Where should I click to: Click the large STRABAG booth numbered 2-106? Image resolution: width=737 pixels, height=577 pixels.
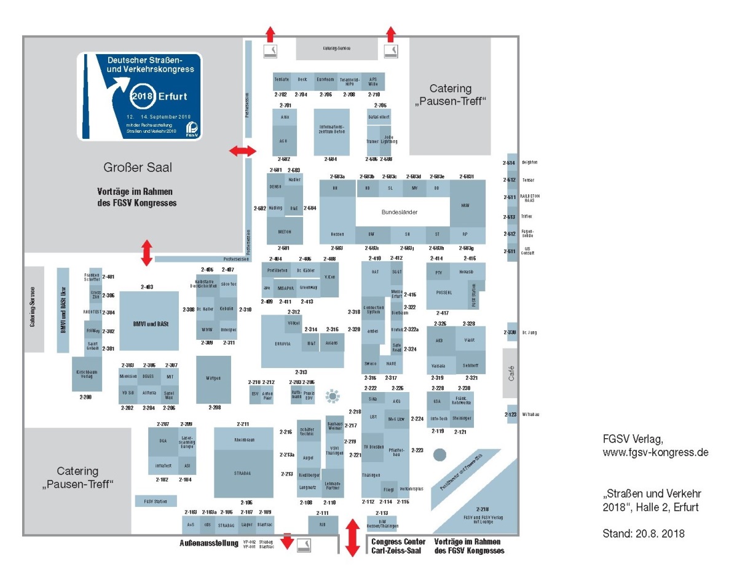tap(243, 473)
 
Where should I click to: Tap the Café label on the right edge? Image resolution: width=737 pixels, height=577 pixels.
tap(511, 374)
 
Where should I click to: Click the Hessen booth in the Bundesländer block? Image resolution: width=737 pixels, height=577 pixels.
tap(337, 234)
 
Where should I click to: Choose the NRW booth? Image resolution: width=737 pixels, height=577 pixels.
tap(468, 205)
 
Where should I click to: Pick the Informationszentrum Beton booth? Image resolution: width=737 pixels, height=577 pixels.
tap(331, 132)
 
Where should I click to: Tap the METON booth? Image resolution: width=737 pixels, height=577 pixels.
tap(285, 232)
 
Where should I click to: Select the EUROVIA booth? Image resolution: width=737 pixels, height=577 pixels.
tap(282, 343)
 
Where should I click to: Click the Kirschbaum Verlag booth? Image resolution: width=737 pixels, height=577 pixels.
tap(87, 373)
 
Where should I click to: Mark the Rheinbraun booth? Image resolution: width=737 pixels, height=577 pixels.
tap(244, 440)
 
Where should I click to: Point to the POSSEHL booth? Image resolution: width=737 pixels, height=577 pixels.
tap(443, 292)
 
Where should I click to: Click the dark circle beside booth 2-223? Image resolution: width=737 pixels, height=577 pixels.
tap(439, 455)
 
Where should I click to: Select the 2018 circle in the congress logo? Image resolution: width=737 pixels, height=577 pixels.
tap(143, 96)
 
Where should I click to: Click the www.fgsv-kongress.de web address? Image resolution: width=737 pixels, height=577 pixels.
tap(655, 453)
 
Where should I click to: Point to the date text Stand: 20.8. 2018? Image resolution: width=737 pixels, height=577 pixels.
tap(643, 533)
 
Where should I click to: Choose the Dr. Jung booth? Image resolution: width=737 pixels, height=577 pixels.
tap(512, 332)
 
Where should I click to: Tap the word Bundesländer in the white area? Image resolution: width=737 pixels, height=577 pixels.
tap(400, 212)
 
